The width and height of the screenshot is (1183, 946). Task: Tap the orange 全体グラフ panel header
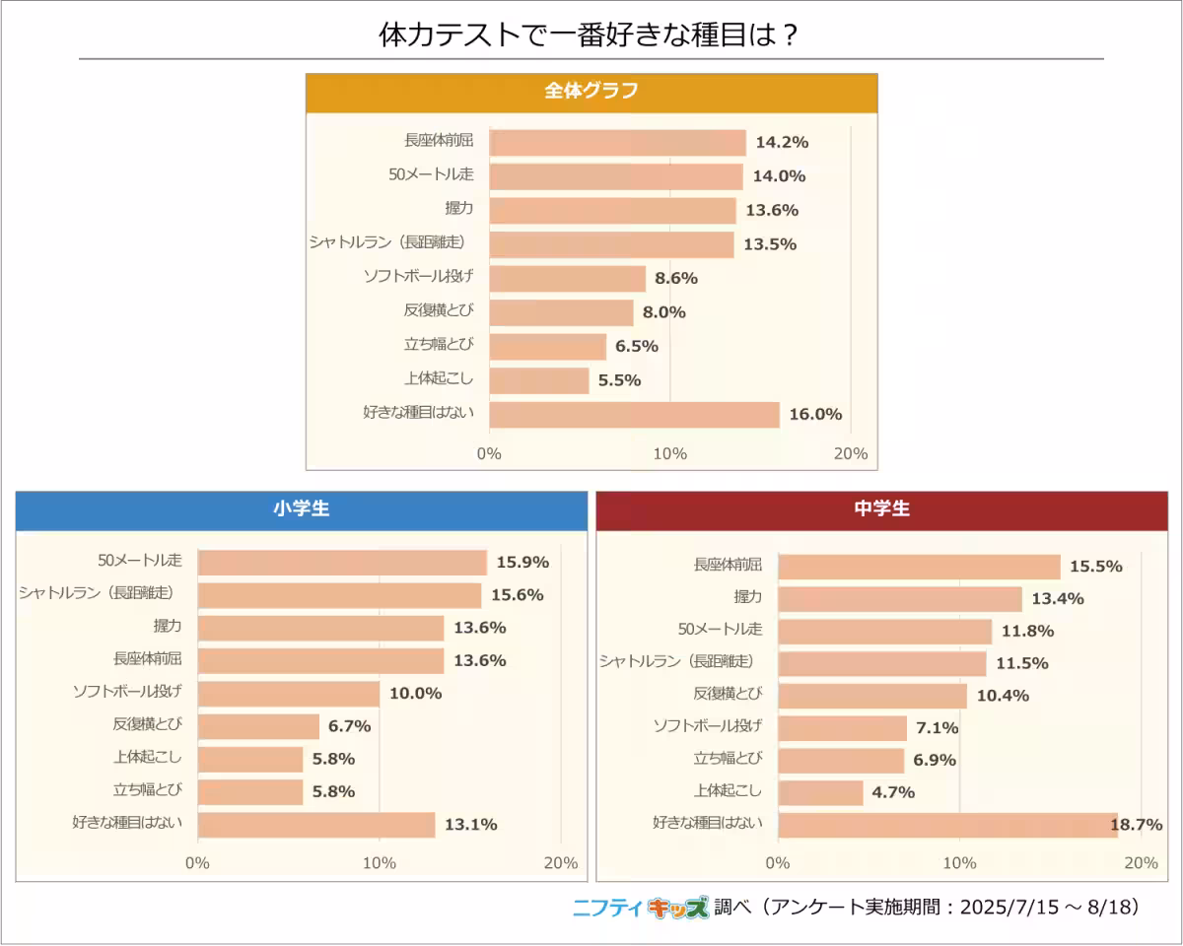point(591,92)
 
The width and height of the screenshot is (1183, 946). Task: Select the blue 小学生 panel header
point(302,509)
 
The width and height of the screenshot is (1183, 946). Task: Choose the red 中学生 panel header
point(882,509)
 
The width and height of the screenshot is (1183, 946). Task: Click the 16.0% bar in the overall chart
point(634,414)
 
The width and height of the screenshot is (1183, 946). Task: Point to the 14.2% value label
point(782,142)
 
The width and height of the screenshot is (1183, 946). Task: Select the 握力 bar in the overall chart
point(612,210)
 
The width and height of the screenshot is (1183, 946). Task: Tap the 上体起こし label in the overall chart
point(439,379)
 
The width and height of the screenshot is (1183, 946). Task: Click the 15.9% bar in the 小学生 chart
point(342,563)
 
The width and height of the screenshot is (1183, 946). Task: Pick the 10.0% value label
point(415,693)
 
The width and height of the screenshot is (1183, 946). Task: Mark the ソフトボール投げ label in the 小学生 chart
point(127,692)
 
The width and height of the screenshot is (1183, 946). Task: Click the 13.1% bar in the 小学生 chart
point(315,824)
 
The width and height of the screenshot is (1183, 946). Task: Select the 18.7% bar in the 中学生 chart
point(947,824)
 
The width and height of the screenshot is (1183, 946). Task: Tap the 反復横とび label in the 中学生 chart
point(728,694)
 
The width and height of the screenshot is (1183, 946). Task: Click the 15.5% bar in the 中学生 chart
point(919,567)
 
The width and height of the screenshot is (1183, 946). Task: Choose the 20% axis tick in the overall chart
point(851,453)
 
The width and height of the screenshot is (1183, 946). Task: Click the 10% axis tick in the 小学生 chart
point(380,863)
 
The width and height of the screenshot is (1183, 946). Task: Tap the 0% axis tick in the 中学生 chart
point(778,863)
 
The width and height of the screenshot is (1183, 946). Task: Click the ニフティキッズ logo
point(641,907)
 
